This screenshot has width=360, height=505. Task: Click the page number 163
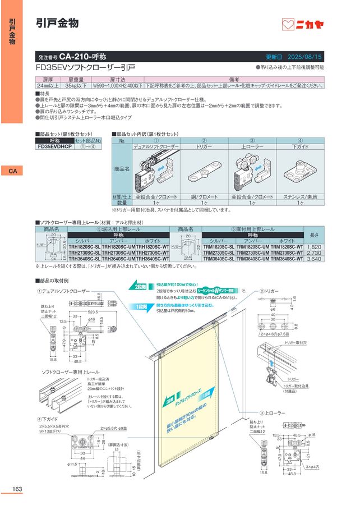coord(17,489)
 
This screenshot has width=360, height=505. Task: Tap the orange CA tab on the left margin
coord(11,171)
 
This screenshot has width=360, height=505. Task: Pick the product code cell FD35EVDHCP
coord(55,147)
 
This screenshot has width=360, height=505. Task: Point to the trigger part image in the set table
coord(203,167)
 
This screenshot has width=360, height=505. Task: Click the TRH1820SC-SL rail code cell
coord(85,246)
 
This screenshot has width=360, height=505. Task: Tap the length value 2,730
coord(315,253)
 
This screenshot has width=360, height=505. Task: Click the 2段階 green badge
coord(140,286)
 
